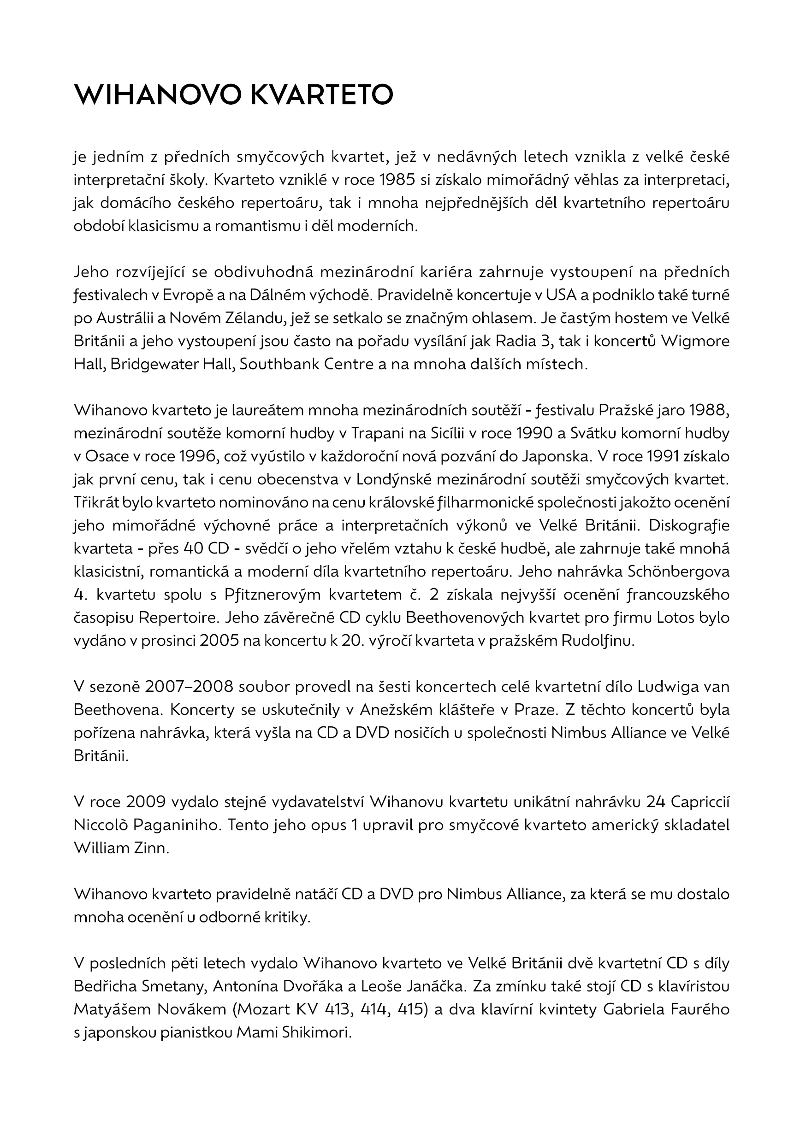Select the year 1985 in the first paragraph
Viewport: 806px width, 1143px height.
397,180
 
